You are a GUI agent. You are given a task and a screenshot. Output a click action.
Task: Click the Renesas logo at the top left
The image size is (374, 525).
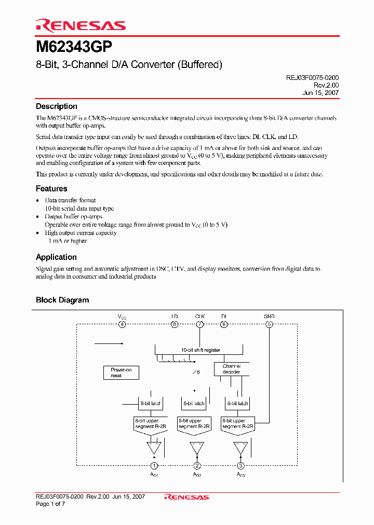tap(81, 25)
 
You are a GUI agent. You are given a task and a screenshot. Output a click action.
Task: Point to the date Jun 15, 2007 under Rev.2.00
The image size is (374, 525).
tap(320, 93)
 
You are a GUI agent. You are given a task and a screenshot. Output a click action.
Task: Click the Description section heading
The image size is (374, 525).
tap(56, 106)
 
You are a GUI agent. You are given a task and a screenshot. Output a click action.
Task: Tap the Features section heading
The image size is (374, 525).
tap(51, 189)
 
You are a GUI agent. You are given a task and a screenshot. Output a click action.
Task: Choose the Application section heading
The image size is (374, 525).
tap(56, 257)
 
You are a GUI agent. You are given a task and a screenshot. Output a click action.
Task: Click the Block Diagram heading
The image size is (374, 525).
tap(62, 300)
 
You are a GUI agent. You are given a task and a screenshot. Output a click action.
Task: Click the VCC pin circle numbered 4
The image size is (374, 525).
tap(122, 325)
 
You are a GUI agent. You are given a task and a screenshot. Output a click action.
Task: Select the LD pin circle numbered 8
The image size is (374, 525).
tap(175, 325)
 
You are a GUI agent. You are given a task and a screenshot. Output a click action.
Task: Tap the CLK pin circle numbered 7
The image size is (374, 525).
tap(199, 325)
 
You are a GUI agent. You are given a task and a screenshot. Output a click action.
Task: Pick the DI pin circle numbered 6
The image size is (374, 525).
tap(224, 325)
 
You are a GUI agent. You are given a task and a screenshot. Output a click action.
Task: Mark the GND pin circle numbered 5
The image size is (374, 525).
tap(269, 325)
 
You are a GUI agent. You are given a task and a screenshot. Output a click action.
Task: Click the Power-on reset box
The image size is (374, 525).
tap(121, 372)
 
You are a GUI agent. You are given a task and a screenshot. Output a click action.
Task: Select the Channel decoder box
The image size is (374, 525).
tap(231, 369)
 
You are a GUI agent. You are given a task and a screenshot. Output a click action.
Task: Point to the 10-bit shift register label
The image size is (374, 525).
tap(200, 350)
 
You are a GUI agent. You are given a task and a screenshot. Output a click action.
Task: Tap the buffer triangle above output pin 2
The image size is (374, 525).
tap(197, 447)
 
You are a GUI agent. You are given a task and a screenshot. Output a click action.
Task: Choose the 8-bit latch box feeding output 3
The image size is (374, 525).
tap(237, 403)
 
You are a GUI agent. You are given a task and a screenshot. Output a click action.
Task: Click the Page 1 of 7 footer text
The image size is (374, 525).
tap(50, 504)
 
